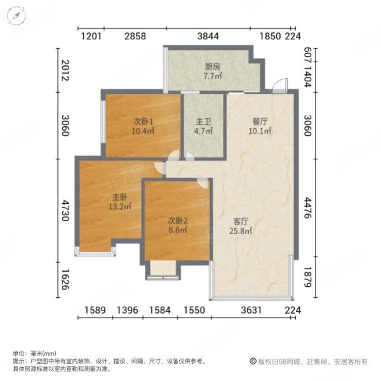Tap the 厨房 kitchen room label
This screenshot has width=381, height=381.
point(212,66)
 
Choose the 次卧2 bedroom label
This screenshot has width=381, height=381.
point(178,220)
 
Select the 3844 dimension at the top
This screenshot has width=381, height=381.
point(208,36)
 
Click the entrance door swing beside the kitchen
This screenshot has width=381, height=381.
point(278,89)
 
